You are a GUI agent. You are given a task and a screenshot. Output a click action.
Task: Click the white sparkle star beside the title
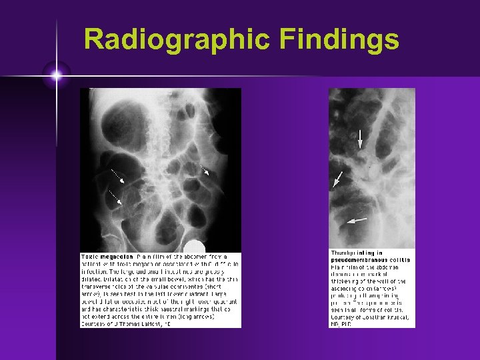coord(56,75)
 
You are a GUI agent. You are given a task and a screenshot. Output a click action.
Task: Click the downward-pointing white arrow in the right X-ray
coord(360,139)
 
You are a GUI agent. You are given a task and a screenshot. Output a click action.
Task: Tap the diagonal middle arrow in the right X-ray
coord(338,179)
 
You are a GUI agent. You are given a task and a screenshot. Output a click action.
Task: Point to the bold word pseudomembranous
coord(359,260)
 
